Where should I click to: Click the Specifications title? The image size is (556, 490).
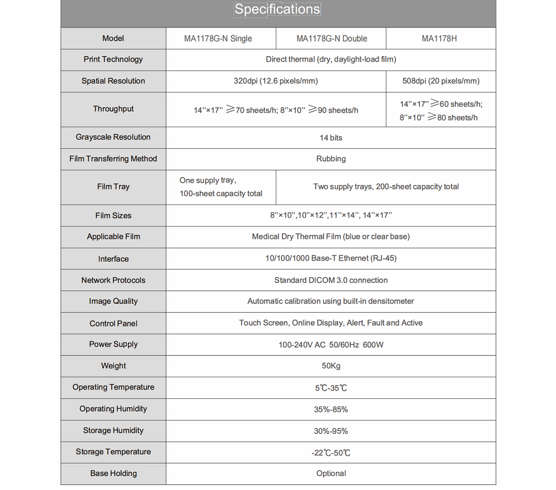[x=277, y=9]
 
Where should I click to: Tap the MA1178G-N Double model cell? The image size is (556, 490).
[x=331, y=38]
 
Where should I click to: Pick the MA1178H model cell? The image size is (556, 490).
[x=439, y=38]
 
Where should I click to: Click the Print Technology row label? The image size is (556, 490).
[x=113, y=59]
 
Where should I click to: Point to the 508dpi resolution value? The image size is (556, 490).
[x=440, y=81]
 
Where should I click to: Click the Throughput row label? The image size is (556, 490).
[x=113, y=109]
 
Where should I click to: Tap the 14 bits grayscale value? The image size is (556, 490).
[x=331, y=137]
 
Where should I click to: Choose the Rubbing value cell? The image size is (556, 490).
[x=331, y=159]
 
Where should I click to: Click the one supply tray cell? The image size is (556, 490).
[x=221, y=187]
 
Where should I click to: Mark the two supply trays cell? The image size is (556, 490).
[x=386, y=187]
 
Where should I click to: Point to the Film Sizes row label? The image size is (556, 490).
[x=113, y=216]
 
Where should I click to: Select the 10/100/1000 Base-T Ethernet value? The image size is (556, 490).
[x=331, y=258]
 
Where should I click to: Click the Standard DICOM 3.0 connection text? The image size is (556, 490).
[x=331, y=280]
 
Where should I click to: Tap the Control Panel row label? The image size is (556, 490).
[x=113, y=323]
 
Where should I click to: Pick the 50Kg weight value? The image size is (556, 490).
[x=331, y=366]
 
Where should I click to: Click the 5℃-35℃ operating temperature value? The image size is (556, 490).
[x=331, y=388]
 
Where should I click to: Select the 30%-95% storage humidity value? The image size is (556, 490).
[x=331, y=431]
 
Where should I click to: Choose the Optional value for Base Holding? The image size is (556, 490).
[x=331, y=473]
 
